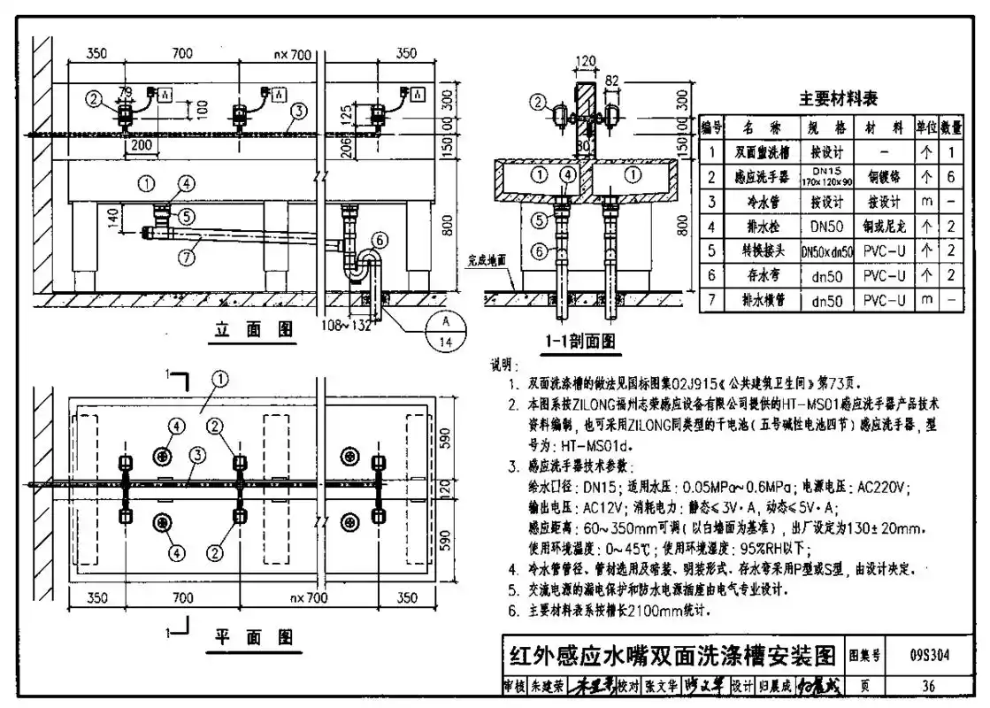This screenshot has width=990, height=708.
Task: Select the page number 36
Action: pyautogui.click(x=928, y=685)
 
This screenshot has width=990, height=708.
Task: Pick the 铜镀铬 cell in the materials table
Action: pyautogui.click(x=884, y=177)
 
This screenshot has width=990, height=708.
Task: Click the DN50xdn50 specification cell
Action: pyautogui.click(x=827, y=252)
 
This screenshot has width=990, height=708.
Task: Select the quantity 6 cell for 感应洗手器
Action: pyautogui.click(x=953, y=177)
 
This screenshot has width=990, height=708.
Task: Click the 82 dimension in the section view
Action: pyautogui.click(x=612, y=81)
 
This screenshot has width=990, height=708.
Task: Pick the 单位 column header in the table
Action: pyautogui.click(x=926, y=128)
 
